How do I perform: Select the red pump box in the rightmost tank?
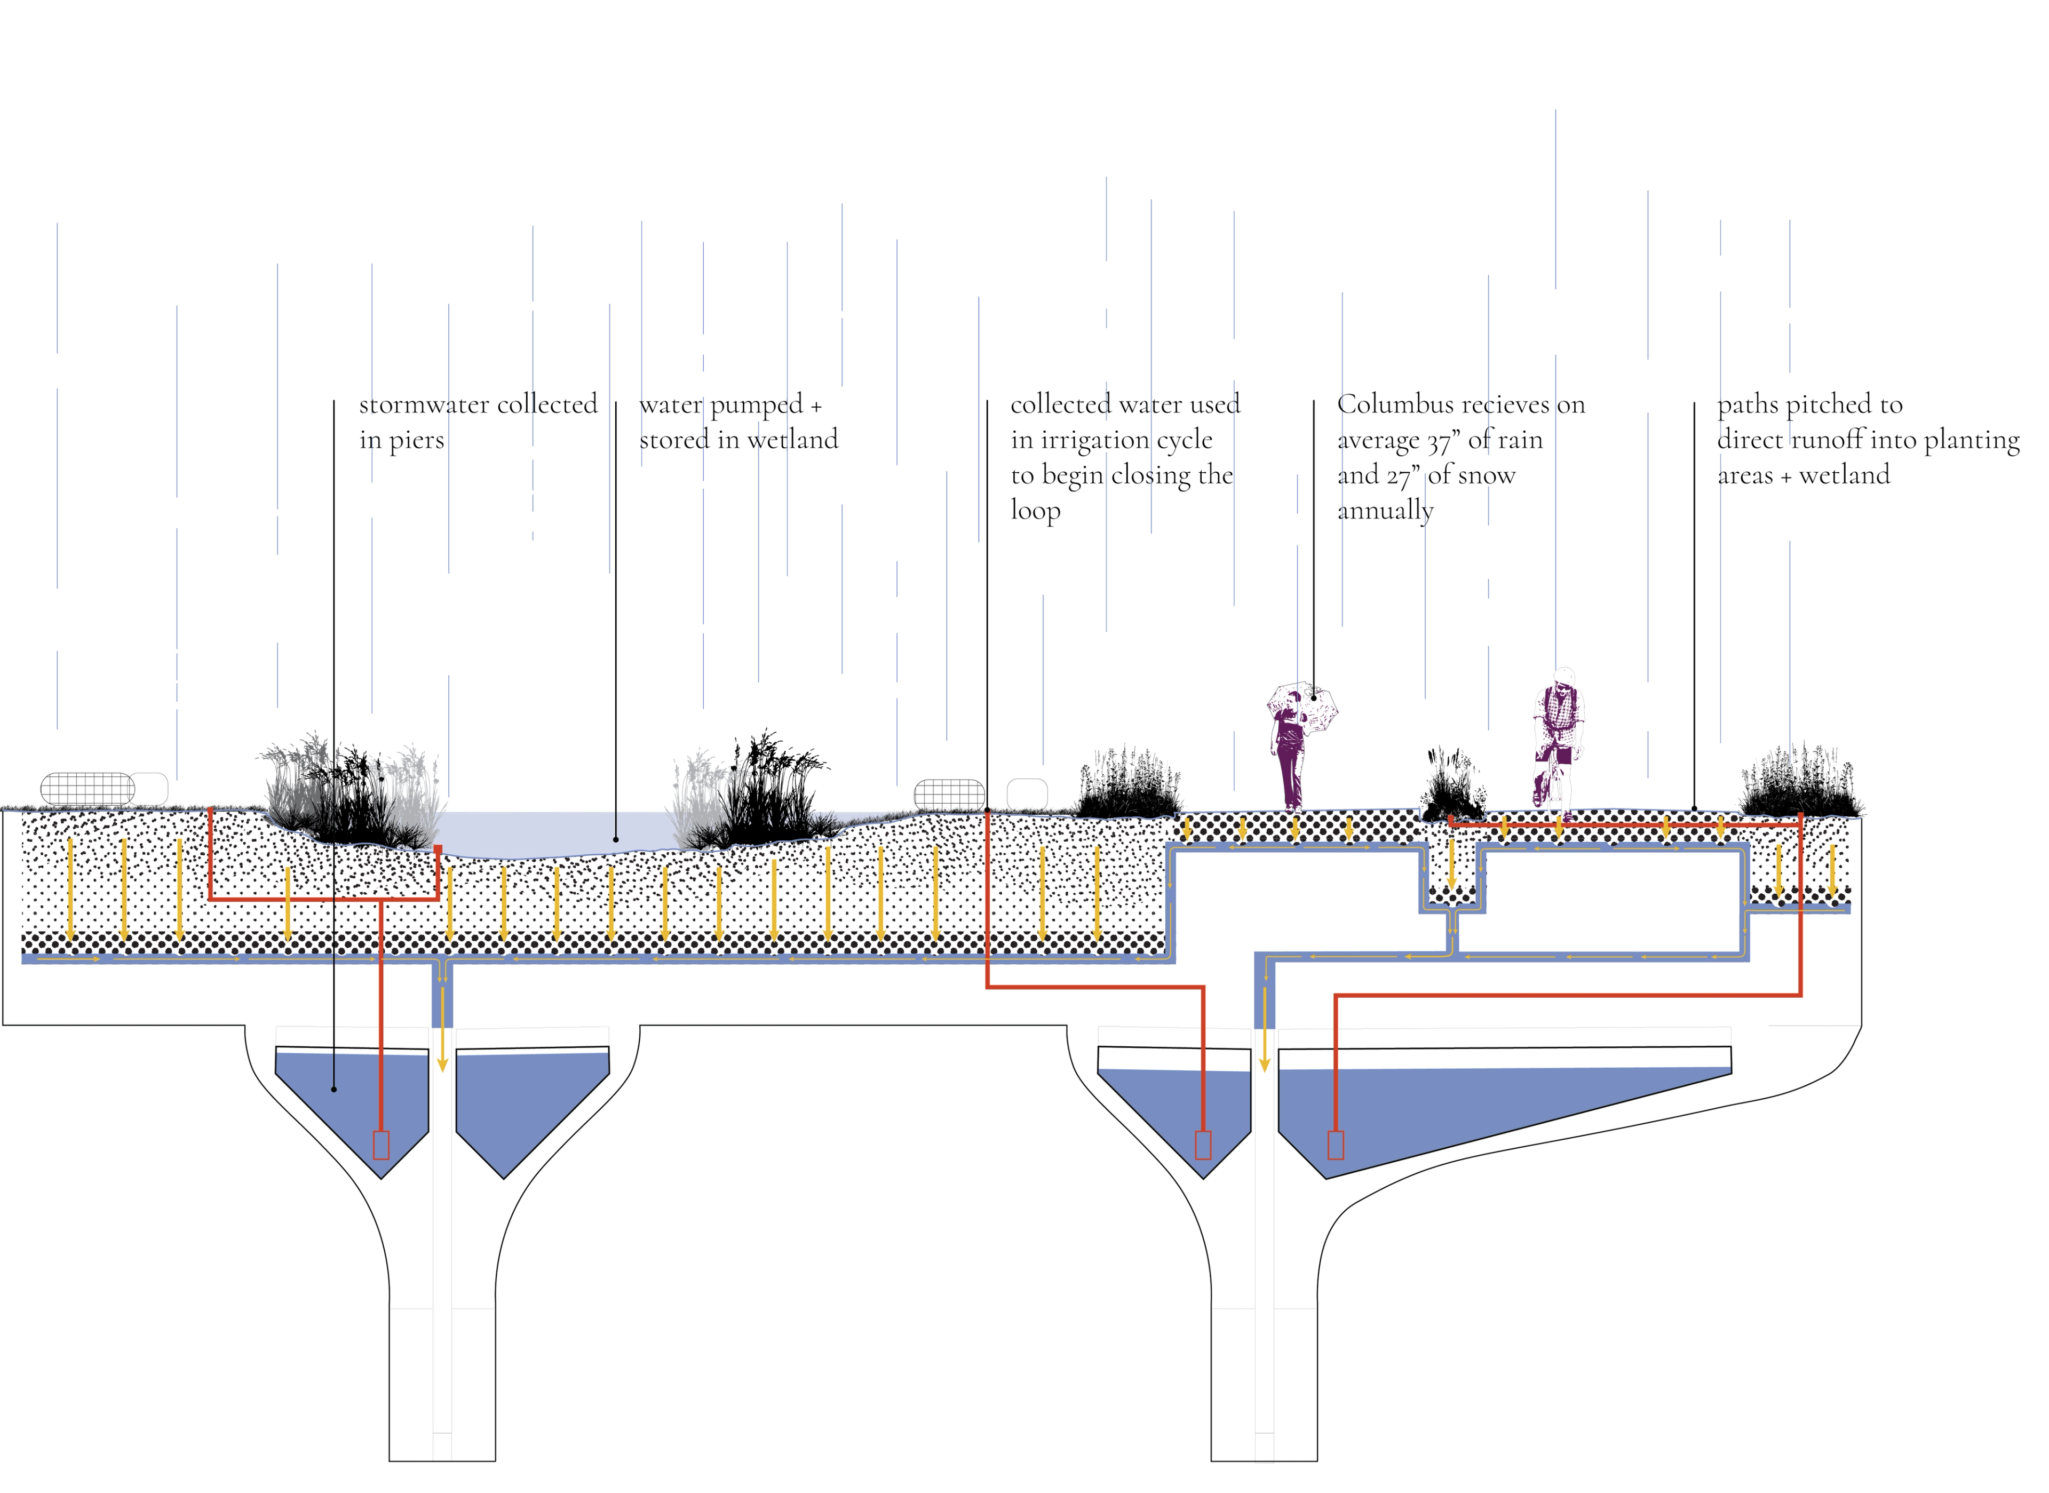(1336, 1145)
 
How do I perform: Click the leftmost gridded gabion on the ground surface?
(88, 789)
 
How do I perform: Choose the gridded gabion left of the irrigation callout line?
(949, 795)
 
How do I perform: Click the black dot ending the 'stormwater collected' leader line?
(335, 1089)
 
